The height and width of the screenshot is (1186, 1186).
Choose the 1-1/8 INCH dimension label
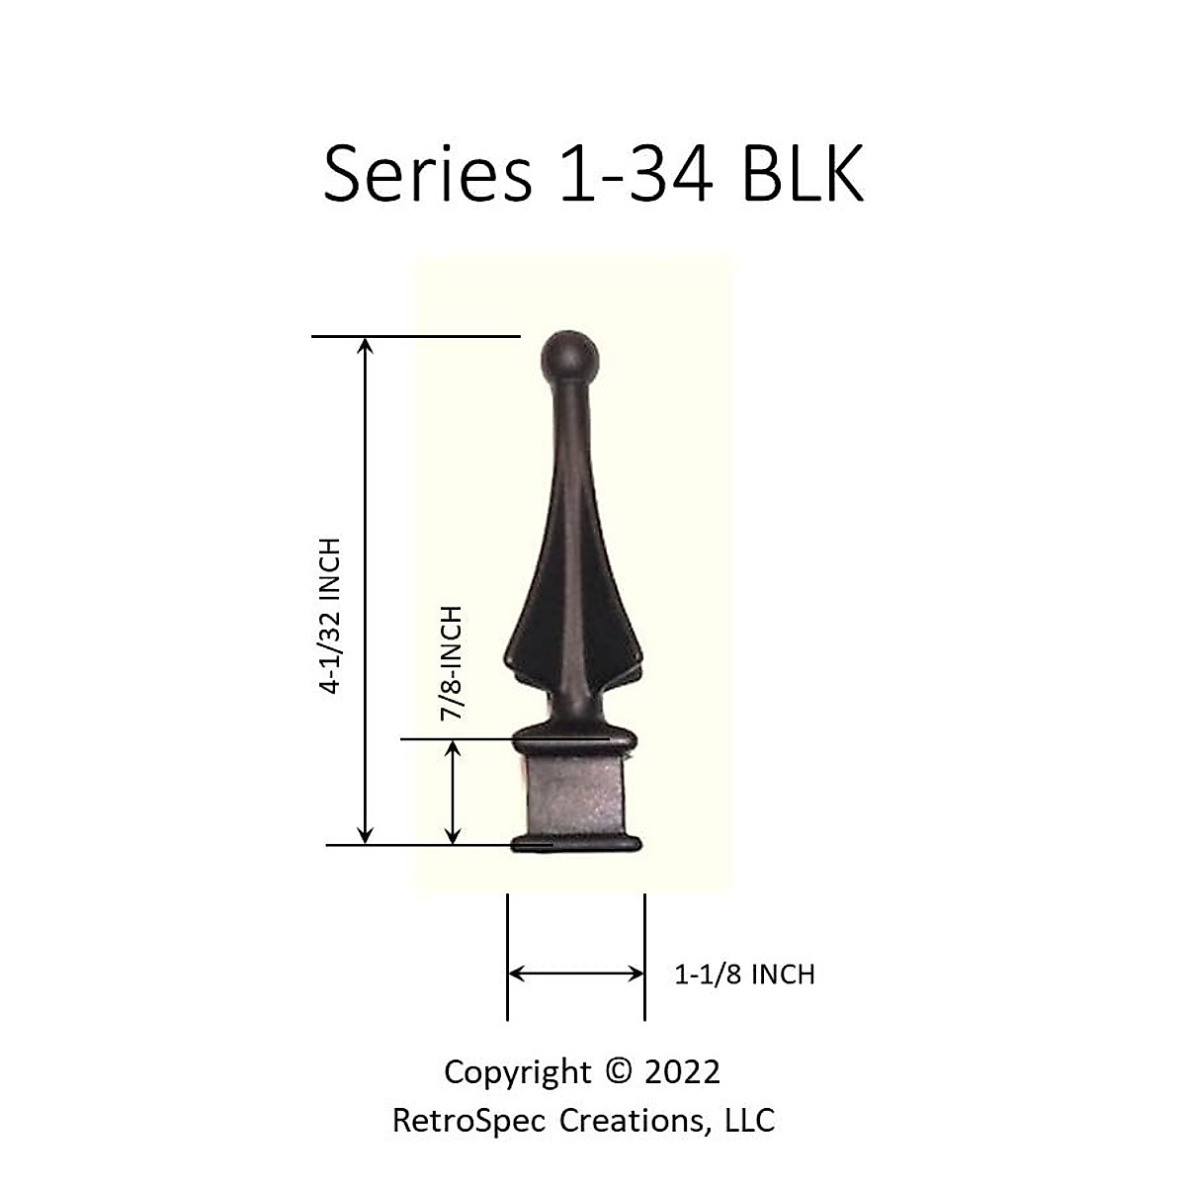click(744, 974)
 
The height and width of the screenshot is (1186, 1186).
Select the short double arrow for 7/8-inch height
click(453, 793)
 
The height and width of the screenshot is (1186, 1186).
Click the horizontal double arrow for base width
click(575, 974)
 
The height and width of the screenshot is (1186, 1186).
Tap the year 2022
click(681, 1071)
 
